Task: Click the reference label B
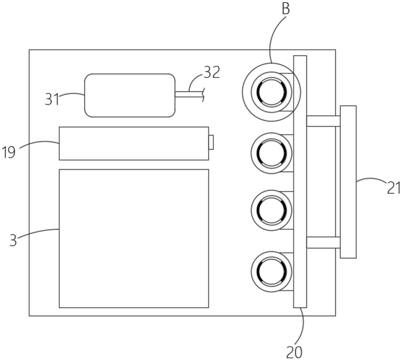(x=286, y=9)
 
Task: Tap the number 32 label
(x=211, y=72)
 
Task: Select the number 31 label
(x=52, y=98)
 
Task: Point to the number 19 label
(x=9, y=152)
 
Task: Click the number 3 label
(x=13, y=240)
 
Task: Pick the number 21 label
(x=394, y=188)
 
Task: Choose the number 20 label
(x=294, y=352)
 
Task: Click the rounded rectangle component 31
(x=130, y=95)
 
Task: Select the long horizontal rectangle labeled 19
(x=134, y=143)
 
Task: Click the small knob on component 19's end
(x=211, y=142)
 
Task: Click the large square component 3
(x=134, y=238)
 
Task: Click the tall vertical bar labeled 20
(x=300, y=181)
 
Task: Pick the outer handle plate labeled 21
(x=348, y=181)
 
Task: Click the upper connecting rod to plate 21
(x=323, y=121)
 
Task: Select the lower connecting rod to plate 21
(x=323, y=242)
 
